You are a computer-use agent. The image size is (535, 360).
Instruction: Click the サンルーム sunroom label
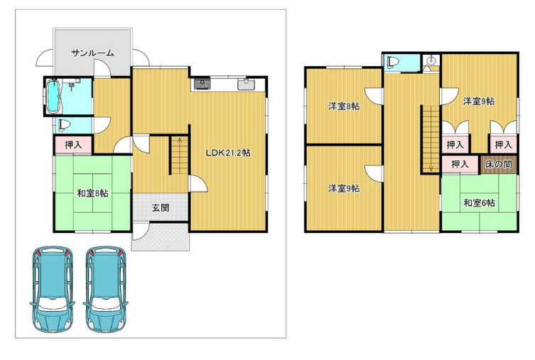[93, 53]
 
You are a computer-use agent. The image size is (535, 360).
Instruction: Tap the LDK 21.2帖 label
[228, 153]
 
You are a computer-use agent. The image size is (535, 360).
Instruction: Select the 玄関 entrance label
[161, 207]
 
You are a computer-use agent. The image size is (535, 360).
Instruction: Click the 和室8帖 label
[93, 193]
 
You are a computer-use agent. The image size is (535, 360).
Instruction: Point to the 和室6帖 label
[479, 203]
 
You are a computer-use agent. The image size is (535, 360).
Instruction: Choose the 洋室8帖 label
[344, 106]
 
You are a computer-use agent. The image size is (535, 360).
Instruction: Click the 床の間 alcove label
[499, 164]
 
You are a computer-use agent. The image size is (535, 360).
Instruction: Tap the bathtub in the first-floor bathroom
[53, 96]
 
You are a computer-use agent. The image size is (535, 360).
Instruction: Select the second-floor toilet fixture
[392, 62]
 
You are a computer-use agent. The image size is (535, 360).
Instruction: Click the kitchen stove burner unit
[202, 84]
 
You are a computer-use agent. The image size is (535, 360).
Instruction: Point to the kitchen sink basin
[247, 84]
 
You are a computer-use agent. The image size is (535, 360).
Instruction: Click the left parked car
[52, 289]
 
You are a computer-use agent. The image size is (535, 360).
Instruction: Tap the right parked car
[106, 289]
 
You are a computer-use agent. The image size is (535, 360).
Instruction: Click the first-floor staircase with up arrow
[180, 155]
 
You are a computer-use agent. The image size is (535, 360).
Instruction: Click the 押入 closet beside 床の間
[460, 164]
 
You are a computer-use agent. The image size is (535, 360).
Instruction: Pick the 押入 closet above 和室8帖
[74, 145]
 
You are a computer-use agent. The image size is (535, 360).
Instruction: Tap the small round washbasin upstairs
[431, 60]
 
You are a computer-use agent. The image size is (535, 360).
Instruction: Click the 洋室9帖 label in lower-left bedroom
[344, 188]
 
